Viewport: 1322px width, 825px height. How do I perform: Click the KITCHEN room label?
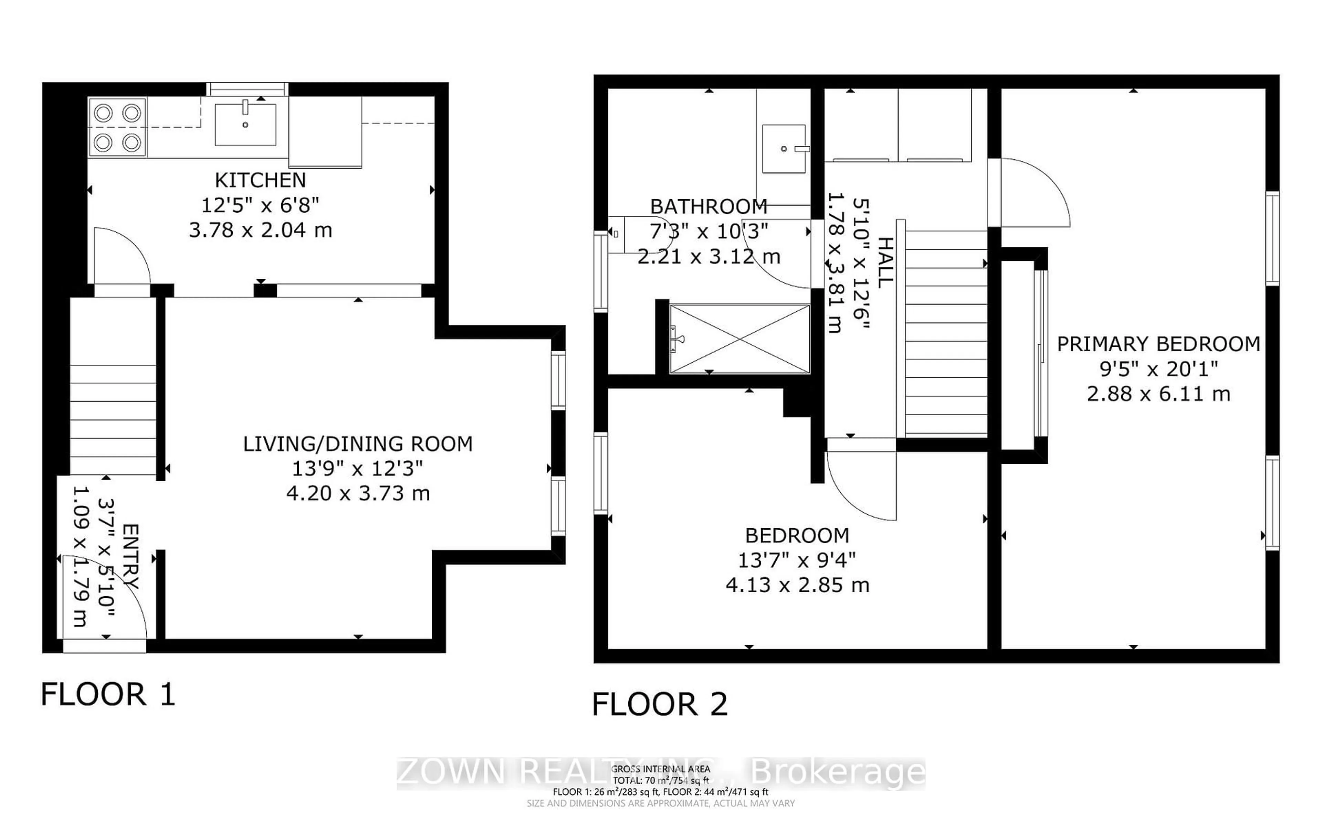click(x=260, y=180)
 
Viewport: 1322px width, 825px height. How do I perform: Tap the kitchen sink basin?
click(x=245, y=125)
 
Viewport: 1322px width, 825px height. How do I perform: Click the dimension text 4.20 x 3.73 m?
click(x=357, y=494)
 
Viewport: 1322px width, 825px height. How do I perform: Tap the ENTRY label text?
click(x=131, y=557)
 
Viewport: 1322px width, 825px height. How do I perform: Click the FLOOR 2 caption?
click(x=659, y=704)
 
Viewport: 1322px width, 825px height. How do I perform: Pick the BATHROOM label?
click(x=709, y=207)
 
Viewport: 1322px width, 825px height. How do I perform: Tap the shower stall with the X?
click(x=739, y=339)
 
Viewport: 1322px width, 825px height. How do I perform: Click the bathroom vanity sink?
click(x=784, y=148)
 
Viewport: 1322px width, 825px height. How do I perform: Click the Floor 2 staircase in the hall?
click(x=946, y=333)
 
